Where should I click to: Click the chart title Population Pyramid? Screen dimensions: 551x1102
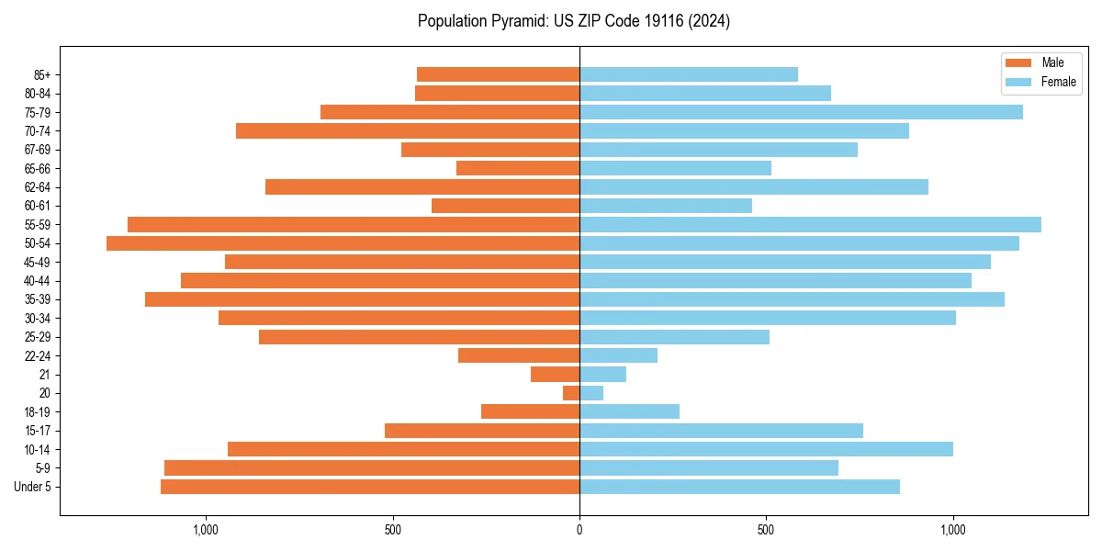(573, 21)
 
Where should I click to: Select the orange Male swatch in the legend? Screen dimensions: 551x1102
(1018, 62)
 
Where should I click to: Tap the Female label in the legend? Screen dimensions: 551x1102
(1058, 82)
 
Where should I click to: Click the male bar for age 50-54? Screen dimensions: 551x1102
(343, 243)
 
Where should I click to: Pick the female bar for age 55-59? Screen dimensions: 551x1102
(810, 224)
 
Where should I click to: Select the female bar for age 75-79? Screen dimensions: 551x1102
(801, 112)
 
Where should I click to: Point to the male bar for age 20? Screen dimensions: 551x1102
(571, 393)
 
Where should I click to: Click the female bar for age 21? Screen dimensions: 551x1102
(602, 375)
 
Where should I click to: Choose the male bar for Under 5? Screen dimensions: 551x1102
(370, 487)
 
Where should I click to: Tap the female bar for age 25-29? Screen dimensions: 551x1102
(674, 337)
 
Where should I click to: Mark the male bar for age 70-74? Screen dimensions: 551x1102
(408, 130)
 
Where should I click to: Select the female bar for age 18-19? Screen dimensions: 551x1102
(629, 411)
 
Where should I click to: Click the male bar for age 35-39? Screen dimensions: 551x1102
(362, 299)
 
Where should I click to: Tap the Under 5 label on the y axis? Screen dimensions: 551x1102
(33, 487)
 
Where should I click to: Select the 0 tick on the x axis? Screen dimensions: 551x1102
(579, 530)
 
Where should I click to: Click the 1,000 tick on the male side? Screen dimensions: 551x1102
(206, 530)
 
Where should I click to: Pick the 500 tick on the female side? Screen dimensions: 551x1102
(766, 530)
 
